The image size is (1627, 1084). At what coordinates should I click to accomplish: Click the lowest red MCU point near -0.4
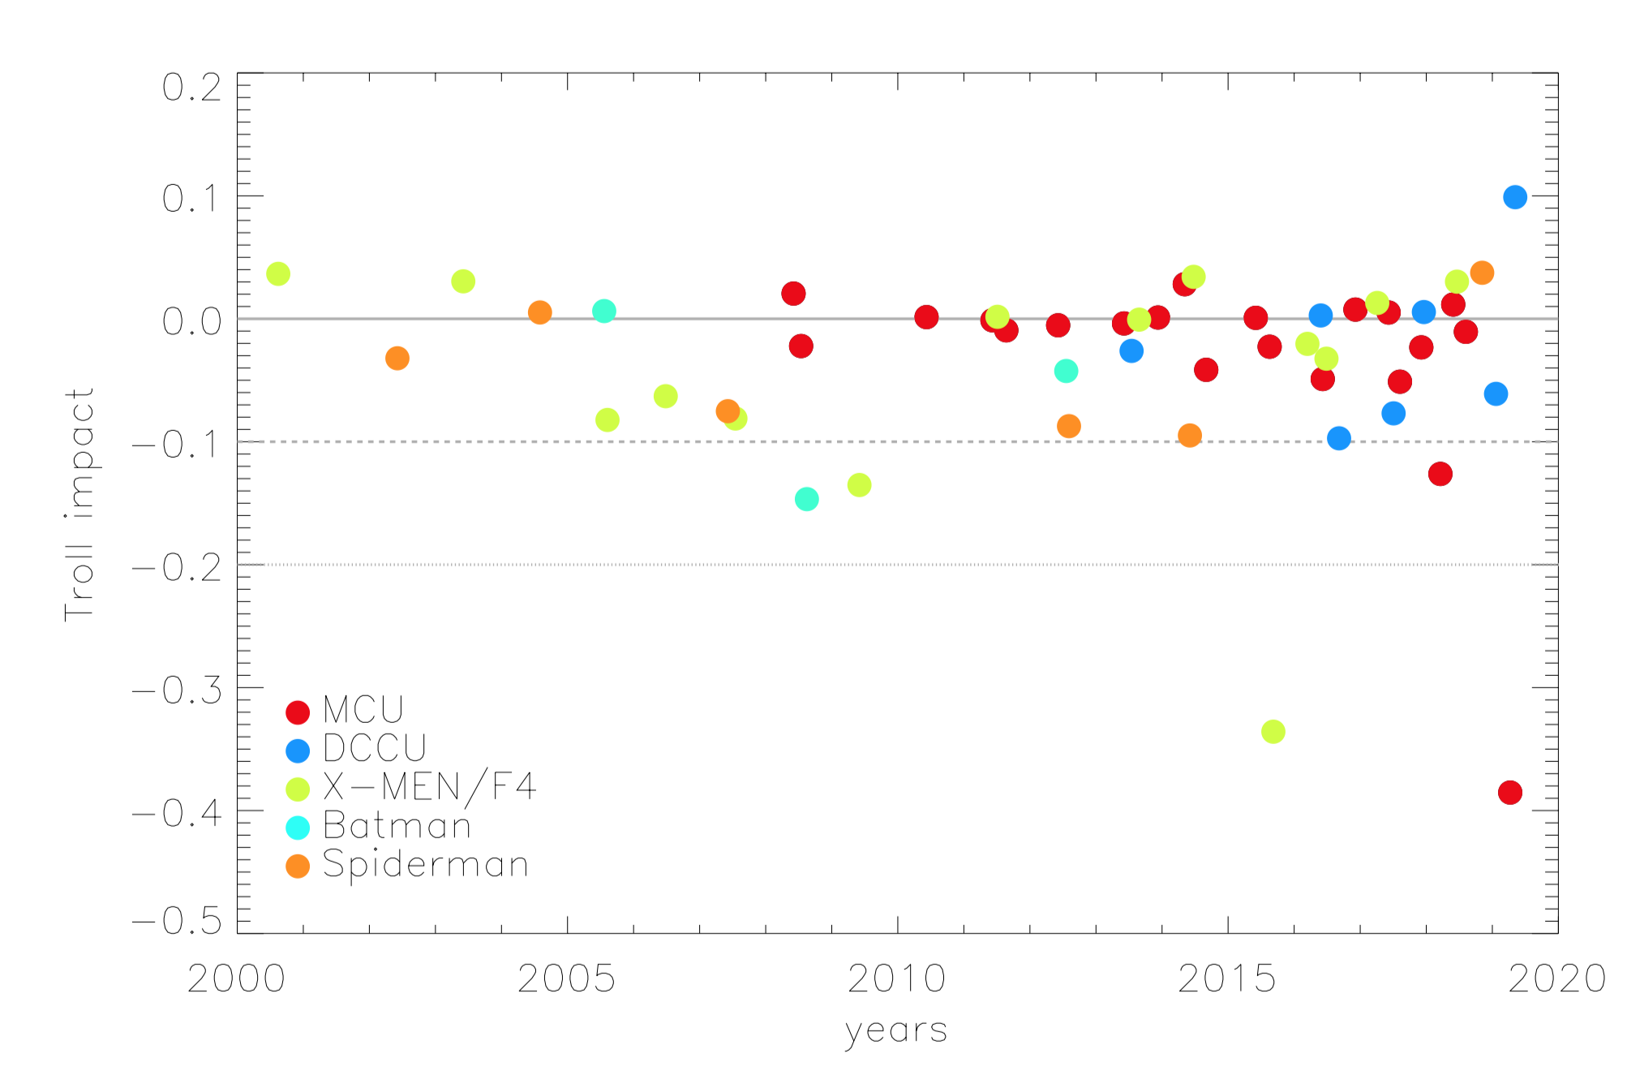[x=1509, y=792]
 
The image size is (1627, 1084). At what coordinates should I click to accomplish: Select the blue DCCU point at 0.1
[x=1514, y=197]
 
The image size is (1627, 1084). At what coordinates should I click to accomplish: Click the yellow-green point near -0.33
[x=1273, y=731]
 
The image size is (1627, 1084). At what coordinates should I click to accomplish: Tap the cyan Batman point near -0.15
[x=806, y=499]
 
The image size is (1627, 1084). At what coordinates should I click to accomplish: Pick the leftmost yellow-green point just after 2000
[x=277, y=273]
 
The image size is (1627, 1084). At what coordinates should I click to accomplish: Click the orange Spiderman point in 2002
[x=397, y=358]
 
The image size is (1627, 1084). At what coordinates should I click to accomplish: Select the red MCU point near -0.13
[x=1440, y=474]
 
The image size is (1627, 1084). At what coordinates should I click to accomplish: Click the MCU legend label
[x=363, y=710]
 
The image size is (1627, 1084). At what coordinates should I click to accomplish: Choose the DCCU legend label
[x=374, y=748]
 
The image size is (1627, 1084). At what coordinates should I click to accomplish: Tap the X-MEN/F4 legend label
[x=429, y=786]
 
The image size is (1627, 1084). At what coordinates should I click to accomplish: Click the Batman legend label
[x=397, y=826]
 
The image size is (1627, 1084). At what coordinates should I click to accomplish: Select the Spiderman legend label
[x=425, y=864]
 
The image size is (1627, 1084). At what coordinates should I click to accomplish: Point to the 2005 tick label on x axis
[x=566, y=979]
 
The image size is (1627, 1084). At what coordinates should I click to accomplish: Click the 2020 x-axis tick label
[x=1556, y=979]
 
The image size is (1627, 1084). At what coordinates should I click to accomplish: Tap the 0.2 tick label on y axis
[x=191, y=88]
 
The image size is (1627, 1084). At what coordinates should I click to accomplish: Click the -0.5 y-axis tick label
[x=177, y=921]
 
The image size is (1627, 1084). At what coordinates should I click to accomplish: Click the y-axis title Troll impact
[x=80, y=504]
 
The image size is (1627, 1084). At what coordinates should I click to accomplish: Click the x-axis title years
[x=895, y=1031]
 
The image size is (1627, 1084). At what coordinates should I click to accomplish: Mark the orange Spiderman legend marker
[x=298, y=866]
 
